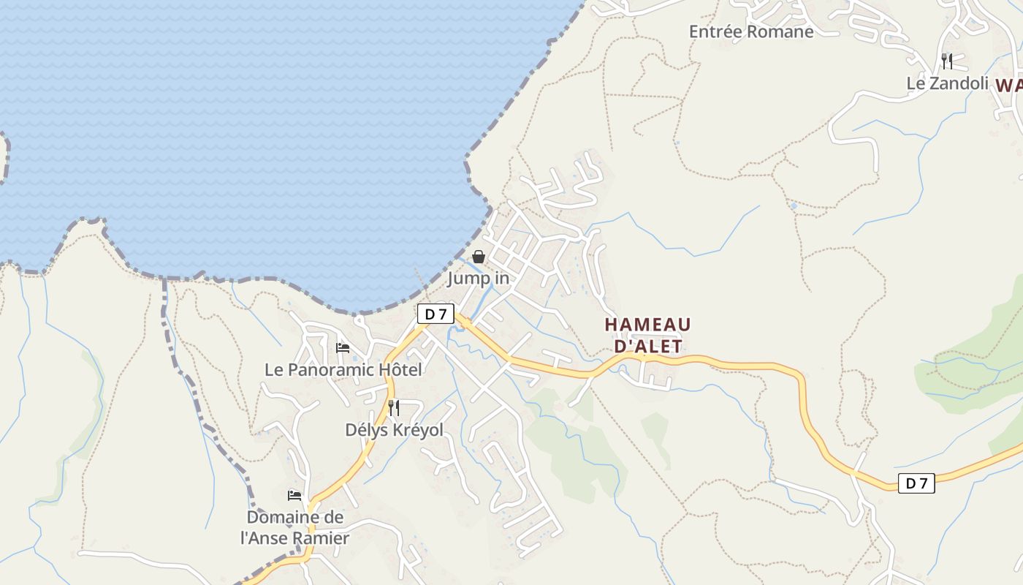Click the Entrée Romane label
tap(751, 31)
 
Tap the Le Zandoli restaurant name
tap(947, 83)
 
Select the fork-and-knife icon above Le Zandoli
tap(947, 61)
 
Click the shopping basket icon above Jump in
tap(479, 257)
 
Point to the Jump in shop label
tap(479, 279)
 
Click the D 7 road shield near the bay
tap(436, 314)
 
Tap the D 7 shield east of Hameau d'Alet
tap(916, 483)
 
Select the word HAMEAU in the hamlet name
tap(647, 324)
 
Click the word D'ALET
tap(647, 346)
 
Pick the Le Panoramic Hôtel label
tap(343, 370)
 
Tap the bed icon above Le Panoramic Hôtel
tap(343, 347)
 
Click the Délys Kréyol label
tap(394, 430)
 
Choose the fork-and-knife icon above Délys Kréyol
tap(394, 407)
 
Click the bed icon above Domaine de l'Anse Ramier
tap(294, 495)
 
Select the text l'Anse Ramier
tap(294, 538)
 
